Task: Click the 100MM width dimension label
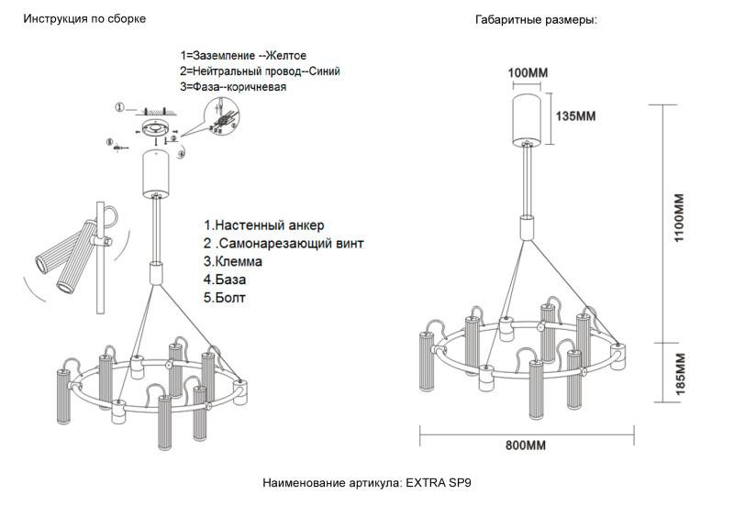tap(528, 71)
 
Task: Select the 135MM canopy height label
tap(577, 116)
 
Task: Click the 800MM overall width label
tap(526, 446)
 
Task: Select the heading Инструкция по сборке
tap(84, 19)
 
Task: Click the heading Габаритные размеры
tap(537, 19)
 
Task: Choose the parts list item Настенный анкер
tap(264, 225)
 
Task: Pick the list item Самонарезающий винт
tap(284, 244)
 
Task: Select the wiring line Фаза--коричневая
tap(233, 87)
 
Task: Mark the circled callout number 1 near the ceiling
tap(119, 108)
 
